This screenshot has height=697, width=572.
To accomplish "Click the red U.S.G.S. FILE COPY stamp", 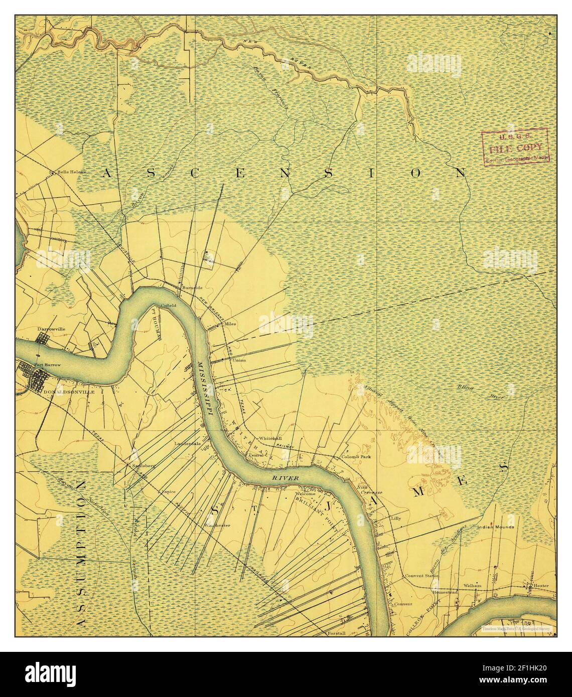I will (515, 146).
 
